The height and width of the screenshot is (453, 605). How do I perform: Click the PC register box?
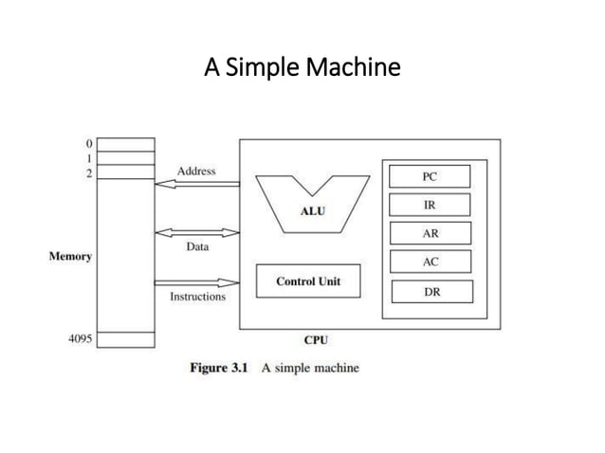coord(430,176)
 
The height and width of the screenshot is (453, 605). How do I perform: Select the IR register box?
coord(430,205)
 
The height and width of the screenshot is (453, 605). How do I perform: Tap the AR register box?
coord(430,233)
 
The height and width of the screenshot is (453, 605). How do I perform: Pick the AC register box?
coord(430,263)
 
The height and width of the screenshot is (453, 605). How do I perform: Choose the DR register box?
coord(430,292)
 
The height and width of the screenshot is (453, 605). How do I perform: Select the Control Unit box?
coord(307,281)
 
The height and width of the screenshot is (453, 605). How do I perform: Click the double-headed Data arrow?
coord(196,232)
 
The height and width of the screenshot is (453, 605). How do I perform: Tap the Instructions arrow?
coord(196,282)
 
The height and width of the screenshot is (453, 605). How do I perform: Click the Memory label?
coord(70,257)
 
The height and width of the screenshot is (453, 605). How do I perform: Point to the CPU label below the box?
coord(315,339)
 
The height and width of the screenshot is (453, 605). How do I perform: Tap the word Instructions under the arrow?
coord(197,297)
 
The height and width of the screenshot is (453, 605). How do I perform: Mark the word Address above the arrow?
coord(196,171)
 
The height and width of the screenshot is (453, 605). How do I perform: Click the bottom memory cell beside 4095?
coord(126,338)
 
